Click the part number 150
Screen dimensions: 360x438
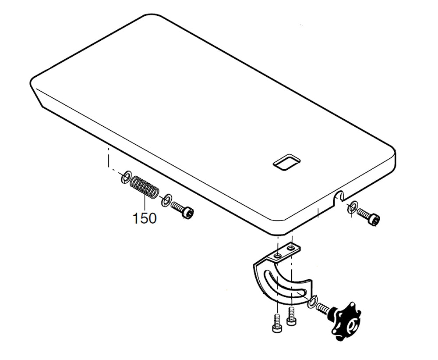click(x=145, y=218)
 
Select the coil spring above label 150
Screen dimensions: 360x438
click(x=145, y=187)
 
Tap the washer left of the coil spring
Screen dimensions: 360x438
click(x=126, y=178)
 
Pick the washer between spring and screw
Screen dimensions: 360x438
click(x=166, y=201)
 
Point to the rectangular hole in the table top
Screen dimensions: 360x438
click(x=286, y=162)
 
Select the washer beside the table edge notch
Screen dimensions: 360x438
click(x=352, y=207)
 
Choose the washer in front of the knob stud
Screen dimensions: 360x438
click(x=312, y=302)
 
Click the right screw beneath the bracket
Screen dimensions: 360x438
click(x=291, y=317)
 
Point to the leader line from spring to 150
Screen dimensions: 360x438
click(x=145, y=203)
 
